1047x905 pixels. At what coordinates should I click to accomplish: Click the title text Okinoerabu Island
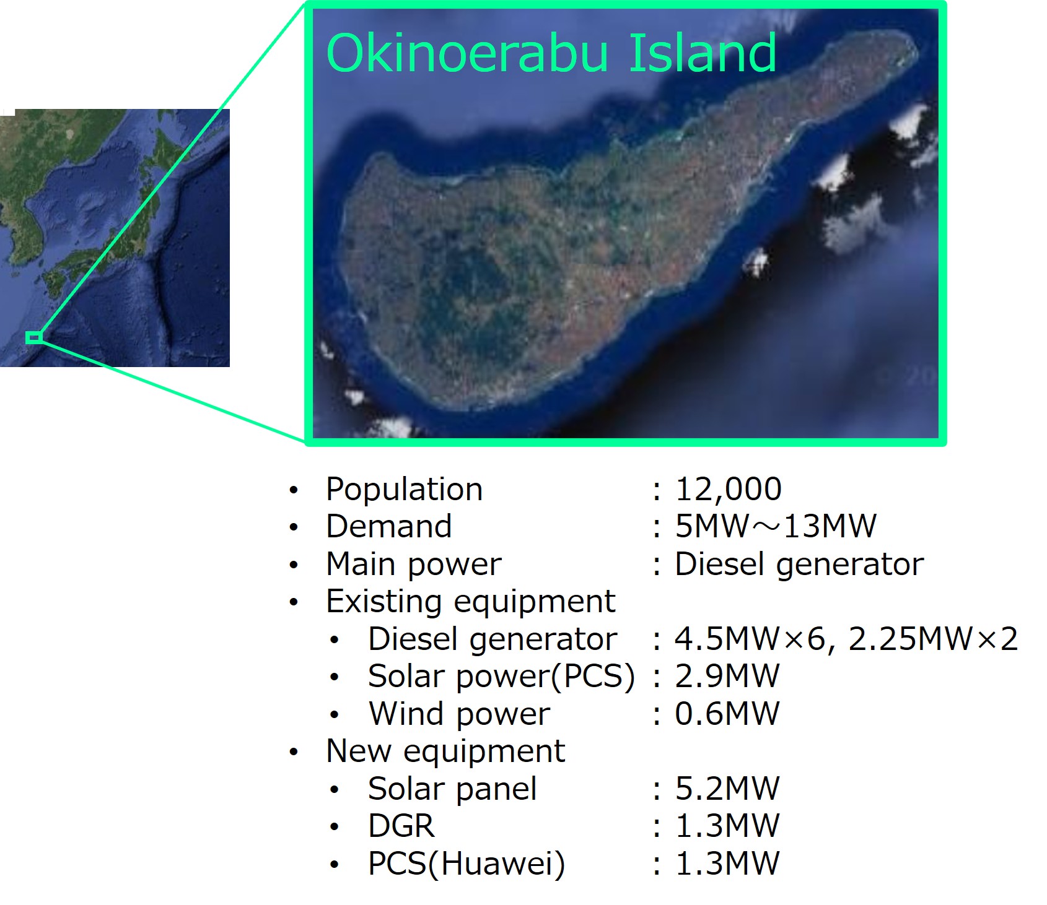point(551,53)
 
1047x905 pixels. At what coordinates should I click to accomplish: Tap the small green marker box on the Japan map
point(34,337)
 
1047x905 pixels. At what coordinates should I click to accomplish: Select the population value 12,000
point(729,490)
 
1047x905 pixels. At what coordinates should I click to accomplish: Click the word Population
point(404,490)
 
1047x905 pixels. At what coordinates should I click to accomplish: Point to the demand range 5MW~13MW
point(776,527)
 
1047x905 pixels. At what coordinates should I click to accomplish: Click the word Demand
point(389,527)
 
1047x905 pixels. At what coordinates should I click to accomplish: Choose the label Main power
point(414,565)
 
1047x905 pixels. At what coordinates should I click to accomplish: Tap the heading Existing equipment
point(471,602)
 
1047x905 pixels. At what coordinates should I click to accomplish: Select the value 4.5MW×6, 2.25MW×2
point(846,639)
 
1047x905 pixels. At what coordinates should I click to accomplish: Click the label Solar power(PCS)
point(501,677)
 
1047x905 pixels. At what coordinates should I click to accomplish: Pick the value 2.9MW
point(727,677)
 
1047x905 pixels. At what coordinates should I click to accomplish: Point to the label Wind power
point(459,714)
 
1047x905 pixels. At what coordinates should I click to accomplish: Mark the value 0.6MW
point(727,714)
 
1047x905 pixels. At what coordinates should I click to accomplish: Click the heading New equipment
point(445,751)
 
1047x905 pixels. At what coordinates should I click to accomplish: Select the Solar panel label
point(452,789)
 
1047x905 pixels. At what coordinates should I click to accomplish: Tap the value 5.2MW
point(727,789)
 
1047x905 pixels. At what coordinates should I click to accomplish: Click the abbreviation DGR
point(401,826)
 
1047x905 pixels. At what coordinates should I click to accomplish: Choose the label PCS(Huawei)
point(467,864)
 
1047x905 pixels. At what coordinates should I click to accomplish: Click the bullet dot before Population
point(294,491)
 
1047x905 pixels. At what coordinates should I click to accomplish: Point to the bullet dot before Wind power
point(335,716)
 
